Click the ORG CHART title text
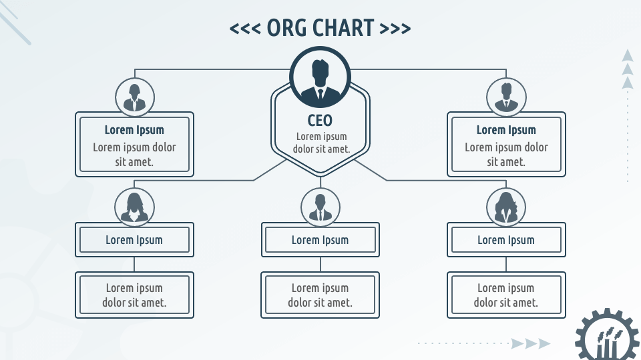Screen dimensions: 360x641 click(x=320, y=28)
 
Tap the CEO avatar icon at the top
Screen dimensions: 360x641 click(x=320, y=77)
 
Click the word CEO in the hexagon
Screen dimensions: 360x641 click(x=320, y=121)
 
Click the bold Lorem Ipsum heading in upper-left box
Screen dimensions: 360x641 click(x=134, y=130)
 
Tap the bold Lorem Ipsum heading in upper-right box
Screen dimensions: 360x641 click(x=506, y=130)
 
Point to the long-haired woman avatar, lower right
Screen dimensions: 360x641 click(x=506, y=206)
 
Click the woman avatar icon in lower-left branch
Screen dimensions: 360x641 click(x=135, y=206)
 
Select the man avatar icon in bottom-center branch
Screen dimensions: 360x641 click(x=320, y=206)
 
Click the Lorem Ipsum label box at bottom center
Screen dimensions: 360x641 click(x=320, y=240)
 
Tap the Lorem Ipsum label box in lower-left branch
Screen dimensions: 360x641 click(x=134, y=240)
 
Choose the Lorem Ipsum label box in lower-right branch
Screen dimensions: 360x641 click(x=506, y=240)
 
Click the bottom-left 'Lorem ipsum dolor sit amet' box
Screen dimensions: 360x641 click(x=134, y=295)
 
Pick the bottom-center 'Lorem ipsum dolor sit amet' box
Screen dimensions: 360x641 click(x=320, y=295)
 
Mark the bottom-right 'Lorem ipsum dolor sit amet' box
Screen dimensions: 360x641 click(x=506, y=295)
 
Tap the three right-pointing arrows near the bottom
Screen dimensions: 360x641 click(x=531, y=344)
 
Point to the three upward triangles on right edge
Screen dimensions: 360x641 click(x=627, y=69)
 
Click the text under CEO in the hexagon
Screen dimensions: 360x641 click(x=321, y=143)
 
